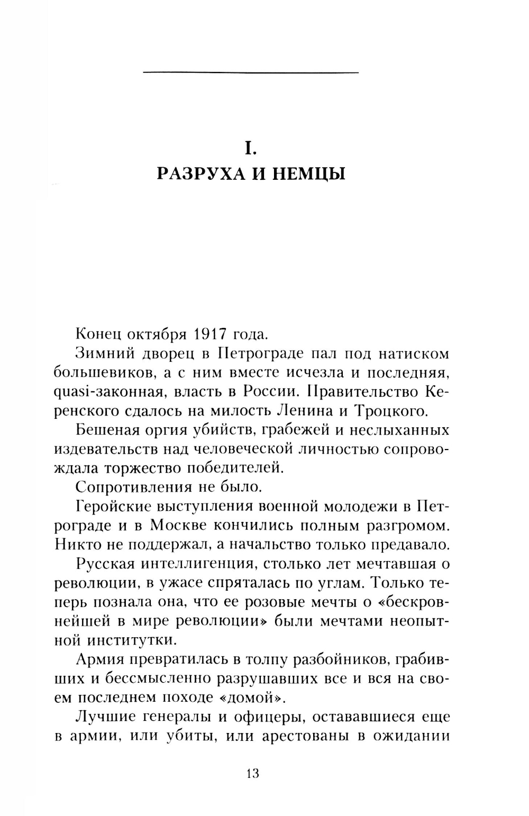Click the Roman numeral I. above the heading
(x=250, y=149)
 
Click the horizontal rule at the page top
(x=251, y=72)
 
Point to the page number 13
(x=252, y=774)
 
